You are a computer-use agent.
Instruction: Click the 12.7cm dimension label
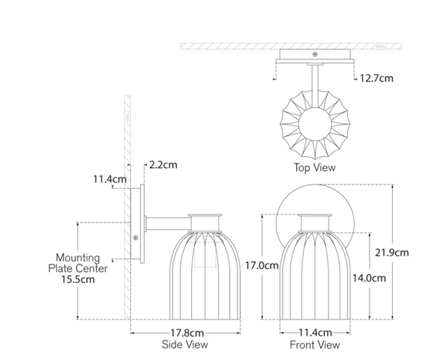coord(376,78)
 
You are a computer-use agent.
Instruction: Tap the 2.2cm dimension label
coord(163,165)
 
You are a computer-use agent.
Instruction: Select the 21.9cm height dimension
coord(392,252)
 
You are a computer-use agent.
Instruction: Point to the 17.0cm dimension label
coord(262,265)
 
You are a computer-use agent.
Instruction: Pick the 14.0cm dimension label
coord(369,278)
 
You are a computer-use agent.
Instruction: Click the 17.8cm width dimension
coord(187,333)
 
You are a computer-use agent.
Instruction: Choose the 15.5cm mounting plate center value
coord(78,279)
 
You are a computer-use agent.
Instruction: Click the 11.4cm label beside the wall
coord(110,179)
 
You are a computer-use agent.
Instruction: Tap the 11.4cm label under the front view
coord(315,332)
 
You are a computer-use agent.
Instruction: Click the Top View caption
coord(314,167)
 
